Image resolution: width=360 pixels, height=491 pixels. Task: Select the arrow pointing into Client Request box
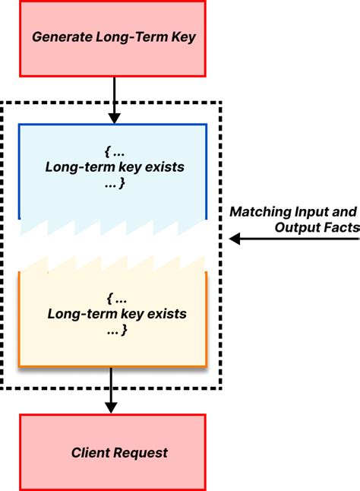point(112,391)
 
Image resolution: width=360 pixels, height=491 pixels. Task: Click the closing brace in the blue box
point(123,184)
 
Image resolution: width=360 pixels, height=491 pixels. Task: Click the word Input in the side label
point(314,211)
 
